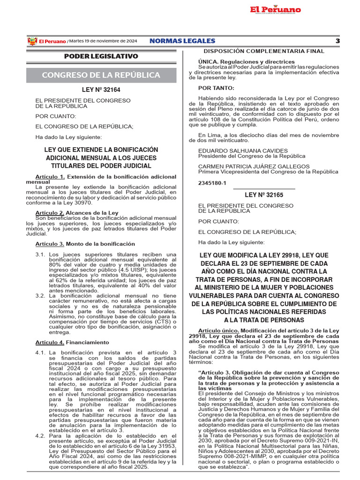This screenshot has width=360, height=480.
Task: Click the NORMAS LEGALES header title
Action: coord(182,41)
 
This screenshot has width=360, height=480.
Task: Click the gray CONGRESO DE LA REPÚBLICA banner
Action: coord(101,75)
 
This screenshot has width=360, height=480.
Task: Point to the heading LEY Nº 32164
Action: coord(101,90)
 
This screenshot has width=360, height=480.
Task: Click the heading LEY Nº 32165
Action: coord(264,195)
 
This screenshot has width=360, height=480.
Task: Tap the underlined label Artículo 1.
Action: coord(50,177)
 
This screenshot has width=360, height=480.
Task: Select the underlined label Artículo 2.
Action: coord(50,213)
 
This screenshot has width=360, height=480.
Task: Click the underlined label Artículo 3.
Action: coord(50,244)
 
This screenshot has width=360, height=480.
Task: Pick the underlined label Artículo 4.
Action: coord(50,342)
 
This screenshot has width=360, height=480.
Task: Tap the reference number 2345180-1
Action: coord(212,182)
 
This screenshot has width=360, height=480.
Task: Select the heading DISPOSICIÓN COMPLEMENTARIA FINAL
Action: coord(263,51)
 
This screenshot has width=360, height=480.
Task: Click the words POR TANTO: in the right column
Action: coord(216,88)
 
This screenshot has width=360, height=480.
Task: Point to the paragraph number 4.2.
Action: coord(40,435)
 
